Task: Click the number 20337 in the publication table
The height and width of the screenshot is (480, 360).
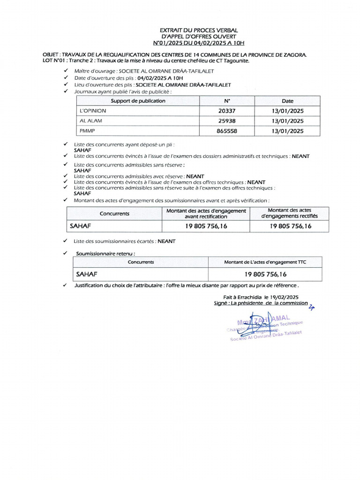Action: tap(227, 111)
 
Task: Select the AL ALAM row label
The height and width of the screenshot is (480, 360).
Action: tap(91, 121)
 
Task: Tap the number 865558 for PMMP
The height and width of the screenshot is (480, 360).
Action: tap(227, 131)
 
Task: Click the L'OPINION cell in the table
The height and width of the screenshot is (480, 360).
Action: tap(93, 111)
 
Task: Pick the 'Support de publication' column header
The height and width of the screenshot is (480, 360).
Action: tap(138, 101)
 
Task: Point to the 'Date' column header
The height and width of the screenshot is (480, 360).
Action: tap(287, 101)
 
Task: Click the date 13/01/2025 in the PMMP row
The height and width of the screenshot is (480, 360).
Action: tap(287, 131)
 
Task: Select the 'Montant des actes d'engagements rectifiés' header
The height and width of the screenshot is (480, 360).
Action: tap(289, 213)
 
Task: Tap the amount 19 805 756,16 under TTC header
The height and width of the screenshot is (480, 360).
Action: tap(265, 274)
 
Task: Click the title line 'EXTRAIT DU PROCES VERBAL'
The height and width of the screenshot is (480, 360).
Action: tap(199, 30)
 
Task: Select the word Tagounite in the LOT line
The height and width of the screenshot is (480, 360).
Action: tap(237, 60)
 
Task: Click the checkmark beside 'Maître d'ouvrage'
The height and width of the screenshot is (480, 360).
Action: tap(66, 71)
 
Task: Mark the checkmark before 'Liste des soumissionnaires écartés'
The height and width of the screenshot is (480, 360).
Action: tap(66, 241)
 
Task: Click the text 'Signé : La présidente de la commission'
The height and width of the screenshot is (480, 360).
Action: tap(261, 303)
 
